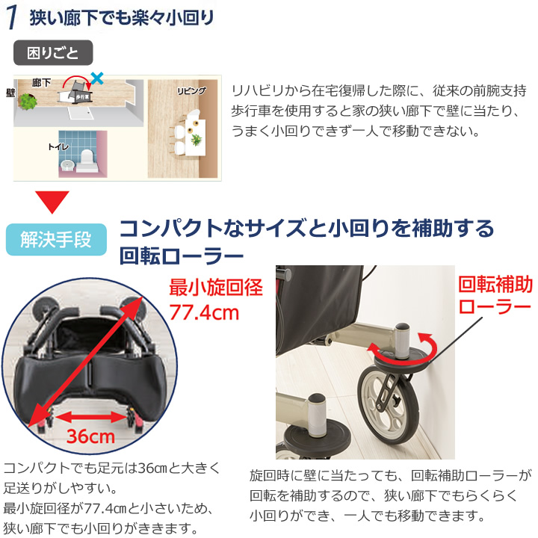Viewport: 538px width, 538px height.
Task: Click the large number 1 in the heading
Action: click(x=11, y=18)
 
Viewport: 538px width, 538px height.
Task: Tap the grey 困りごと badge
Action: click(x=52, y=53)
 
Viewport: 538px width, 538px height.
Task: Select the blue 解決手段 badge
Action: click(x=56, y=240)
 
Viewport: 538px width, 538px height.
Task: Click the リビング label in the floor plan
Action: click(x=191, y=90)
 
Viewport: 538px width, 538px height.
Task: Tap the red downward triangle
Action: click(x=52, y=201)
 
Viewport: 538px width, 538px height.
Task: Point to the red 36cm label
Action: click(x=90, y=436)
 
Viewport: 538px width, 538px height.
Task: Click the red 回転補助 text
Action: click(x=495, y=285)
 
